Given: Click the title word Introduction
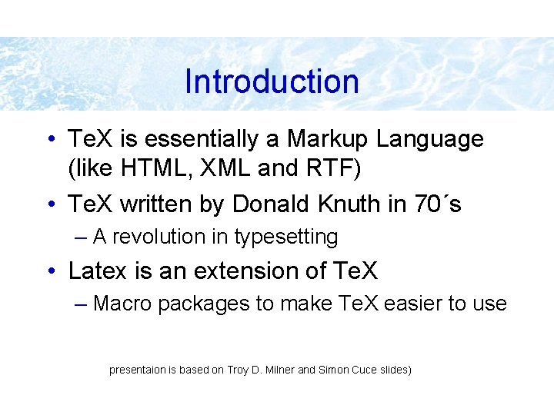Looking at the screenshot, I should [272, 81].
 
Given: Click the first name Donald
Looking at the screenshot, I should [274, 204].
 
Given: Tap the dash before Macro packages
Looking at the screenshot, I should [82, 304].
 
